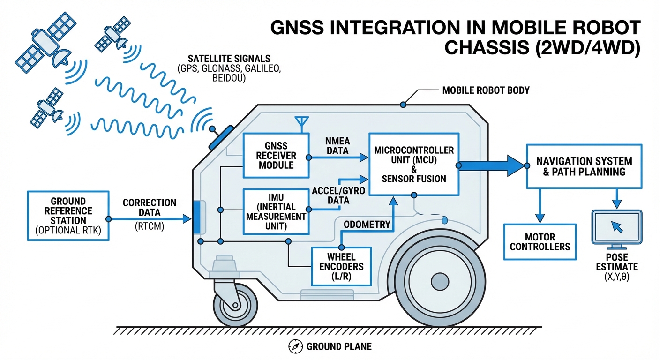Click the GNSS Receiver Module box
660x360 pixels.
(276, 155)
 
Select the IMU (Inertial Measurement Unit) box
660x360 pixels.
(276, 211)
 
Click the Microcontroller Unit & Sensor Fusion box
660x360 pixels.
(413, 164)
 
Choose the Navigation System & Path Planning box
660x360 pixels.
(584, 166)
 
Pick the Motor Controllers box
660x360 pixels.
(540, 241)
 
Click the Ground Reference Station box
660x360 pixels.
(68, 215)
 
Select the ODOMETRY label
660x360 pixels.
(367, 225)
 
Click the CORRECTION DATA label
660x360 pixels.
(150, 208)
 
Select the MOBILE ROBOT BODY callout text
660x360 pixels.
(486, 90)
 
